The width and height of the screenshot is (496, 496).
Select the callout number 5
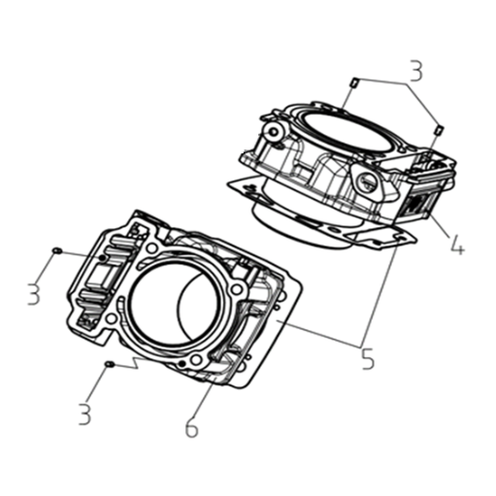pyautogui.click(x=368, y=358)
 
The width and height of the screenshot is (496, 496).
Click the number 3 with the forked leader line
pyautogui.click(x=415, y=71)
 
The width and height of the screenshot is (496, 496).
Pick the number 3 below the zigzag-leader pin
pyautogui.click(x=84, y=413)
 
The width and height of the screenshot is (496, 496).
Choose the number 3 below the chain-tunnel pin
pyautogui.click(x=34, y=294)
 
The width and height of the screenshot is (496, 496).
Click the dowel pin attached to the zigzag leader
pyautogui.click(x=110, y=365)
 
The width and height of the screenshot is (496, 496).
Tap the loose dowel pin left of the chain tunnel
pyautogui.click(x=57, y=250)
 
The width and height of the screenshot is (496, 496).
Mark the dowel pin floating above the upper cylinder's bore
pyautogui.click(x=354, y=82)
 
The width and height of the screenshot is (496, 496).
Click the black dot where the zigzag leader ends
pyautogui.click(x=182, y=364)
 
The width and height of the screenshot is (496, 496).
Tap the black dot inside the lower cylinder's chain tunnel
pyautogui.click(x=103, y=258)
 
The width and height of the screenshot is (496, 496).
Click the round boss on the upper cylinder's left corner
pyautogui.click(x=274, y=132)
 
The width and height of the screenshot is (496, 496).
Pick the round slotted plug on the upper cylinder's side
pyautogui.click(x=368, y=182)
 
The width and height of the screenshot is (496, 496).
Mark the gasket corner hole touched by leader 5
pyautogui.click(x=401, y=239)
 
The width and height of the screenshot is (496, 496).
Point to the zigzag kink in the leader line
pyautogui.click(x=137, y=363)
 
